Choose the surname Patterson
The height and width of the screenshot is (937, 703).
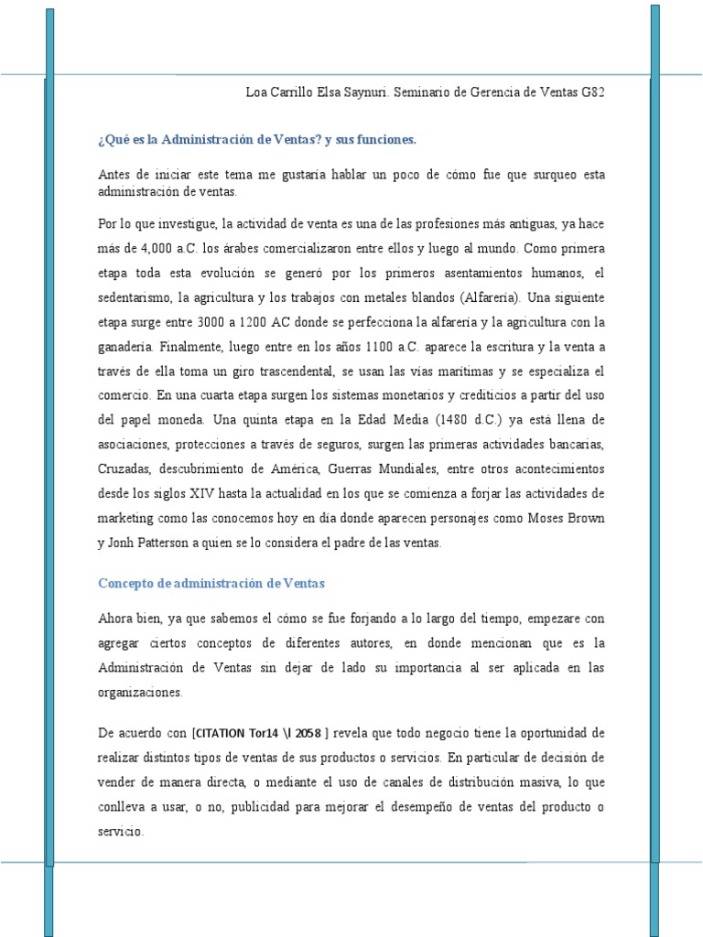coord(168,544)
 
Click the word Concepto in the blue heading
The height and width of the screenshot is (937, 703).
coord(127,583)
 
